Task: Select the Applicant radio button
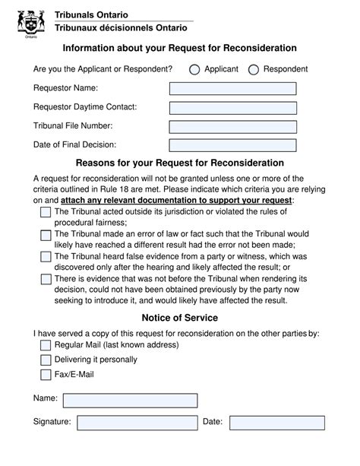(x=194, y=70)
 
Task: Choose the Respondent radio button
(x=254, y=70)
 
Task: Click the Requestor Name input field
(x=232, y=89)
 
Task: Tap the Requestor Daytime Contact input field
(x=232, y=108)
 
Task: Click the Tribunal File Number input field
(x=232, y=126)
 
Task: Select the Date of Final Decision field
(x=232, y=145)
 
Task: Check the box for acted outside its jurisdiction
(x=46, y=212)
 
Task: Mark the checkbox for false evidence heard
(x=46, y=257)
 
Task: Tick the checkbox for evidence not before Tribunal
(x=46, y=279)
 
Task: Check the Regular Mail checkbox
(x=46, y=346)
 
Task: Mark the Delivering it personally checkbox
(x=46, y=360)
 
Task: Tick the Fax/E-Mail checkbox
(x=46, y=374)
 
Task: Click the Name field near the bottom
(x=130, y=400)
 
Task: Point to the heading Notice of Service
(x=180, y=318)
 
